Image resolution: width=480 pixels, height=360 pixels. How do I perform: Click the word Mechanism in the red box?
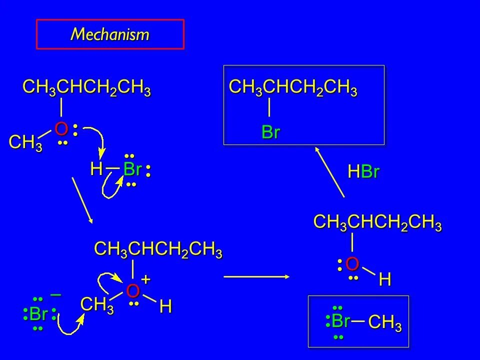110,34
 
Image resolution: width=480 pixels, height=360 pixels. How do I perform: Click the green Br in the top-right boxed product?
270,132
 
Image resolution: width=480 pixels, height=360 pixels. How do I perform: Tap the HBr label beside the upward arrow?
363,172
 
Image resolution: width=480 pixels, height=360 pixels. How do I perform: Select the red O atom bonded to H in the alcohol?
352,263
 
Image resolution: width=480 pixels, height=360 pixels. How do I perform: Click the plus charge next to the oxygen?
145,278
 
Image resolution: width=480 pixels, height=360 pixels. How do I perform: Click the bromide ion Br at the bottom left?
38,314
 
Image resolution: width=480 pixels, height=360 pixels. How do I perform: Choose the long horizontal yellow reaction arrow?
257,275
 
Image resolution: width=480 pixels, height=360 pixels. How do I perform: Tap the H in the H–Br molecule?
96,169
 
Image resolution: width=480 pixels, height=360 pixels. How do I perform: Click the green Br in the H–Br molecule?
132,169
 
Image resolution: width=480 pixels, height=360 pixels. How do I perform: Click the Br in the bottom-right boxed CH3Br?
340,320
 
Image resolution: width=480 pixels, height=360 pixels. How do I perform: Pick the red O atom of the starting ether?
61,129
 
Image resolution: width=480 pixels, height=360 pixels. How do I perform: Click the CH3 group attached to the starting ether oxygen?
25,143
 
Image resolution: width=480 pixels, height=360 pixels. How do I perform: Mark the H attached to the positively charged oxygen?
166,307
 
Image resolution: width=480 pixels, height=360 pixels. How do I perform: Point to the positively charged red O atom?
132,290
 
